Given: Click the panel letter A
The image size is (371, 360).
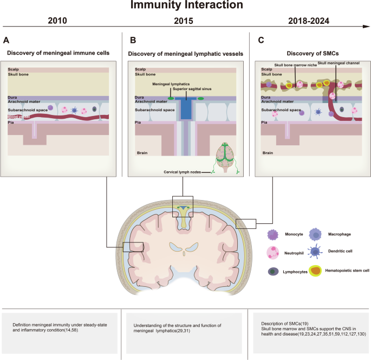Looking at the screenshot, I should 6,40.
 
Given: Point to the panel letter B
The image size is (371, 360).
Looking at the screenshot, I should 133,40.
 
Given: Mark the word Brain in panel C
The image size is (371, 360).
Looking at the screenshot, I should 267,153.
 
